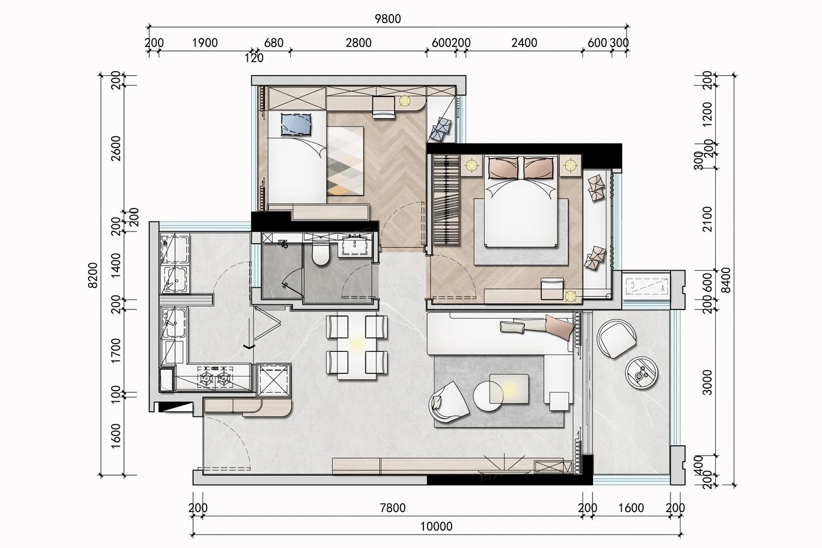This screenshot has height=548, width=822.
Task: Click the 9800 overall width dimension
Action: [x=388, y=19]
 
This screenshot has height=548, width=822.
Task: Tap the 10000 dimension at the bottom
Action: [x=436, y=526]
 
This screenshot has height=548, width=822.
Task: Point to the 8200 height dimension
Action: [x=93, y=275]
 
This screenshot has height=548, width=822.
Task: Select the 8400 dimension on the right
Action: [x=726, y=280]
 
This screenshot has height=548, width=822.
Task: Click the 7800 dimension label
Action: [x=393, y=508]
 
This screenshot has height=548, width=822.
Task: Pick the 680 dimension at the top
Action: [x=274, y=43]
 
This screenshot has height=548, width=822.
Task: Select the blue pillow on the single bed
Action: [x=296, y=125]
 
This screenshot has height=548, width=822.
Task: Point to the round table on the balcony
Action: [x=641, y=372]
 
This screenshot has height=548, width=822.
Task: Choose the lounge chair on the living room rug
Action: [x=449, y=402]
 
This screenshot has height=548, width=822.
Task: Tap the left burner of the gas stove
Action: [x=206, y=378]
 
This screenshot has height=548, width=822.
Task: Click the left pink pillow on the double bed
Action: [x=504, y=168]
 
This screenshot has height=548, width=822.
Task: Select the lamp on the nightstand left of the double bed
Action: [x=471, y=166]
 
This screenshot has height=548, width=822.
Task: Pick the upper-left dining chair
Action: [x=337, y=327]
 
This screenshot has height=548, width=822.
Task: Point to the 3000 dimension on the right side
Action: [x=707, y=382]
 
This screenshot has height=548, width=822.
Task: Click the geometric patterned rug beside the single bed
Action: [x=345, y=161]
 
